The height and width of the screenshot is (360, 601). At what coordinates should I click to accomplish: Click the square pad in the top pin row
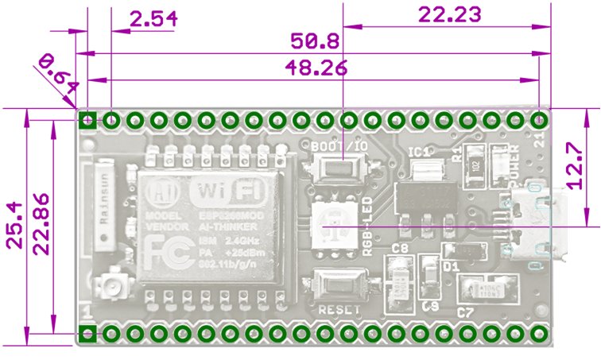[x=88, y=121]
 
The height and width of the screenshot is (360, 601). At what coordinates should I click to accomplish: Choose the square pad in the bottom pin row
[x=88, y=332]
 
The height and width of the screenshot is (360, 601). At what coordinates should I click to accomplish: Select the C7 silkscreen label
[x=465, y=313]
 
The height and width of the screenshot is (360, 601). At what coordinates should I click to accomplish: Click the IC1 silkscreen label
[x=419, y=152]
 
